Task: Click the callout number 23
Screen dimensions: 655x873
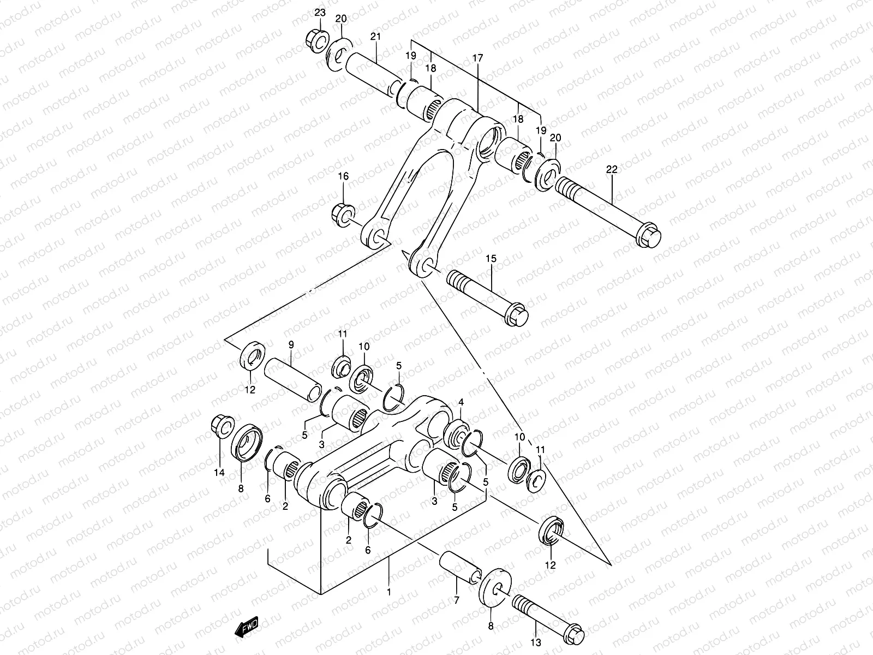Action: pyautogui.click(x=320, y=13)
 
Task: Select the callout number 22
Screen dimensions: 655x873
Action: pyautogui.click(x=611, y=170)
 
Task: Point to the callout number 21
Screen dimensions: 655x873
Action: pyautogui.click(x=375, y=37)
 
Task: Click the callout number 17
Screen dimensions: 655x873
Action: pyautogui.click(x=477, y=57)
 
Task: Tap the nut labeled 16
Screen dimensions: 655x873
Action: pyautogui.click(x=343, y=214)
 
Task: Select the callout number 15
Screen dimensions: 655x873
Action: pyautogui.click(x=491, y=259)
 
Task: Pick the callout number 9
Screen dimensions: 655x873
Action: pyautogui.click(x=291, y=345)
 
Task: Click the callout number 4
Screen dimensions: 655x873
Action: pyautogui.click(x=461, y=402)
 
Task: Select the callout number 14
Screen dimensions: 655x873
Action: pyautogui.click(x=219, y=473)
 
